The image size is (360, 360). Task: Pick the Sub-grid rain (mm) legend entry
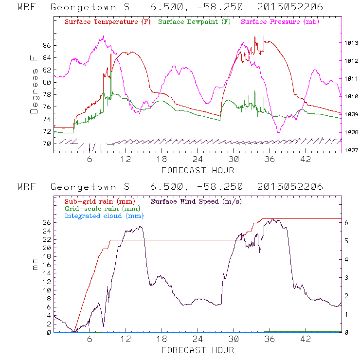[99, 201]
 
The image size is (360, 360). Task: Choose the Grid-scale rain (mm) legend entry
[102, 208]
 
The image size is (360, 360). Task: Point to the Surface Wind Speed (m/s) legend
[197, 201]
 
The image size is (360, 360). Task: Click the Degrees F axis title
[34, 84]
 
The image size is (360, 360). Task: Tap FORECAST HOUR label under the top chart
[198, 170]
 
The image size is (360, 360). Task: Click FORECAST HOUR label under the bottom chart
[198, 350]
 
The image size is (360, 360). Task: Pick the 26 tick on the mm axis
[46, 222]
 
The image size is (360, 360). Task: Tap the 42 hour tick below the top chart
[306, 160]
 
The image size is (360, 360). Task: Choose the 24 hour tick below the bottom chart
[198, 340]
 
